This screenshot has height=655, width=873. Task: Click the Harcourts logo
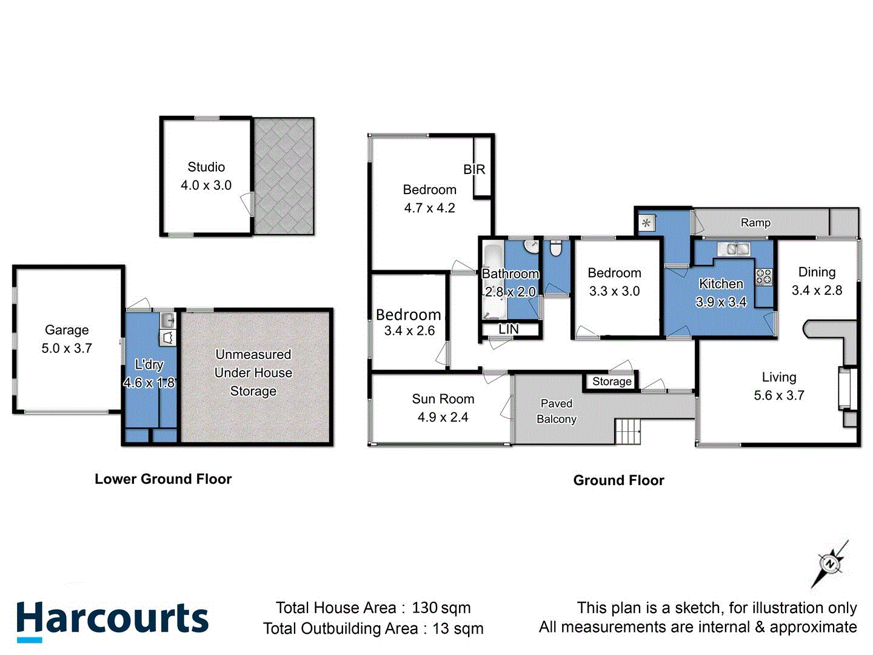tap(112, 620)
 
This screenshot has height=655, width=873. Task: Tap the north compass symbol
tap(829, 564)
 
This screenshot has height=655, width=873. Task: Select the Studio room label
tap(206, 167)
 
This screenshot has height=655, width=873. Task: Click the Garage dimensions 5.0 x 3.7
tap(67, 348)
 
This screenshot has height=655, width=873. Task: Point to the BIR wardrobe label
tap(474, 169)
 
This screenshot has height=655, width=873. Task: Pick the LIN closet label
tap(508, 329)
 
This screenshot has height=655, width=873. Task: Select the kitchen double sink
tap(734, 248)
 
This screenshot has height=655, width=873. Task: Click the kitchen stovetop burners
tap(764, 277)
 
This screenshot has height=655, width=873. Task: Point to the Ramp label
tap(755, 223)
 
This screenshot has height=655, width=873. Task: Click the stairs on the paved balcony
tap(628, 432)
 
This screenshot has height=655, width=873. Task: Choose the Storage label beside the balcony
tap(612, 381)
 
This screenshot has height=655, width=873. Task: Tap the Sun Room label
tap(443, 399)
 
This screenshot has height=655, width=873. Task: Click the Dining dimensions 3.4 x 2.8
tap(817, 291)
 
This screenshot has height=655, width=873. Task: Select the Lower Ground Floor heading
tap(163, 479)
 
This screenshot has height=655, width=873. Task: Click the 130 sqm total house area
tap(441, 608)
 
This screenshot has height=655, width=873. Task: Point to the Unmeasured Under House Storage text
tap(253, 372)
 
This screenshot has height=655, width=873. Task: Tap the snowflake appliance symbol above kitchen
tap(646, 223)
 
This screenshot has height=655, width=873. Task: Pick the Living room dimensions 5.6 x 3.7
tap(779, 395)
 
